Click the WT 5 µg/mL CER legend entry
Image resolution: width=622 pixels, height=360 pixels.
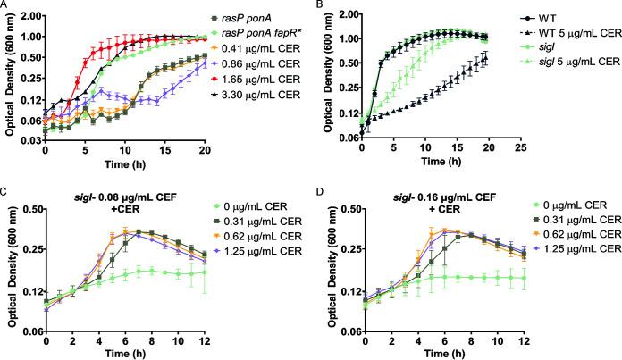(571, 32)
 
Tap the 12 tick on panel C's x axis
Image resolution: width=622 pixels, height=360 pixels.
(205, 342)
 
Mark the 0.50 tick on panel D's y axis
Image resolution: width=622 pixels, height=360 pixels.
(348, 208)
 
